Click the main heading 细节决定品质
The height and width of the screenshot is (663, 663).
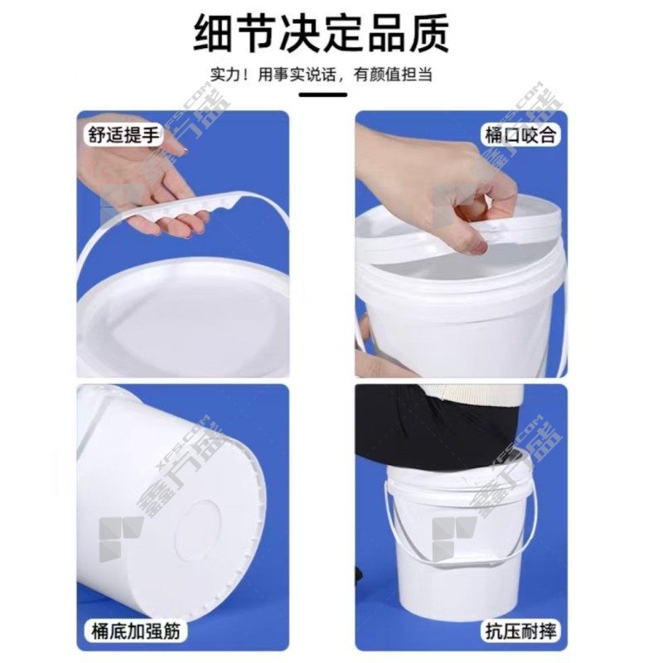pos(322,33)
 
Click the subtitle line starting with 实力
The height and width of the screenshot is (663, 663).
pos(322,75)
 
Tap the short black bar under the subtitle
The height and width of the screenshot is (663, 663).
pos(323,94)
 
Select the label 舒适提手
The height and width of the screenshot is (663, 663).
pos(123,135)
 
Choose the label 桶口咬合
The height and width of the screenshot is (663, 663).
pos(520,135)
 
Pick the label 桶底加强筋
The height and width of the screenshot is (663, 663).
pos(135,631)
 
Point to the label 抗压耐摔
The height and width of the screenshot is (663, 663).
pos(520,632)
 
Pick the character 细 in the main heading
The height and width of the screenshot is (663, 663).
pos(214,34)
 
